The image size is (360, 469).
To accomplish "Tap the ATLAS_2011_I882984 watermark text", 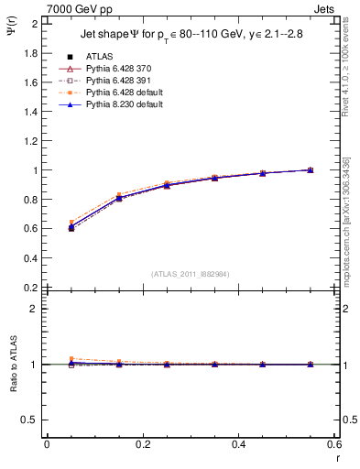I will (x=191, y=273).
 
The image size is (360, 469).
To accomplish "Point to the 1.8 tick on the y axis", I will (x=30, y=53).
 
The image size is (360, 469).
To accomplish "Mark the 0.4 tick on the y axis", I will (x=30, y=257).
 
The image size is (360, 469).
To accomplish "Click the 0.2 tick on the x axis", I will (x=143, y=444).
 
